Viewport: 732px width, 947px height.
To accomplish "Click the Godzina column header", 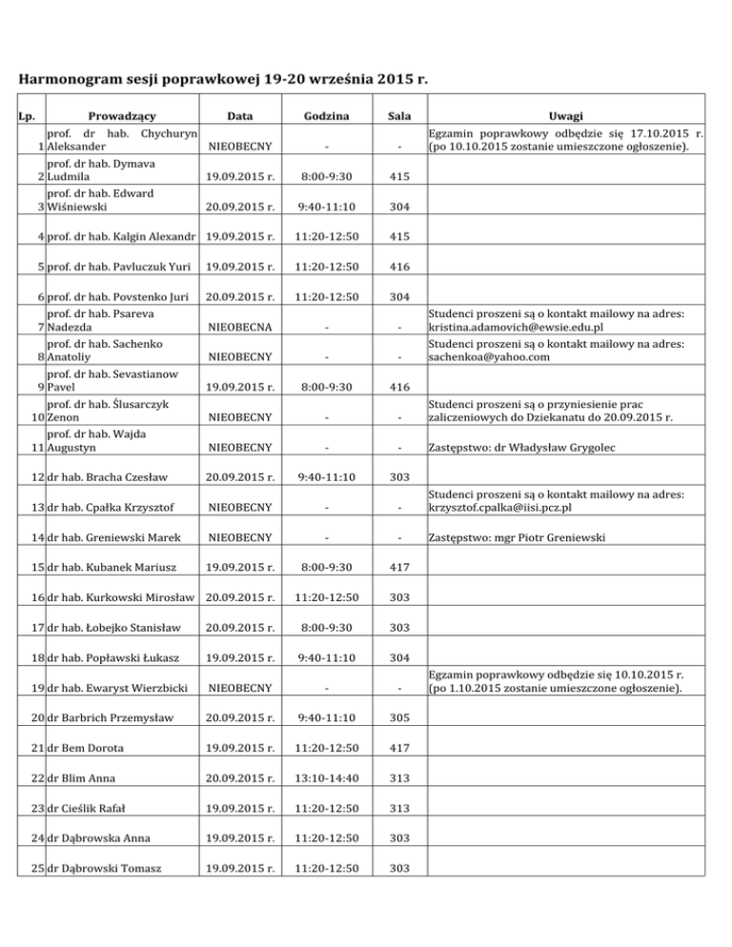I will tap(326, 116).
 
